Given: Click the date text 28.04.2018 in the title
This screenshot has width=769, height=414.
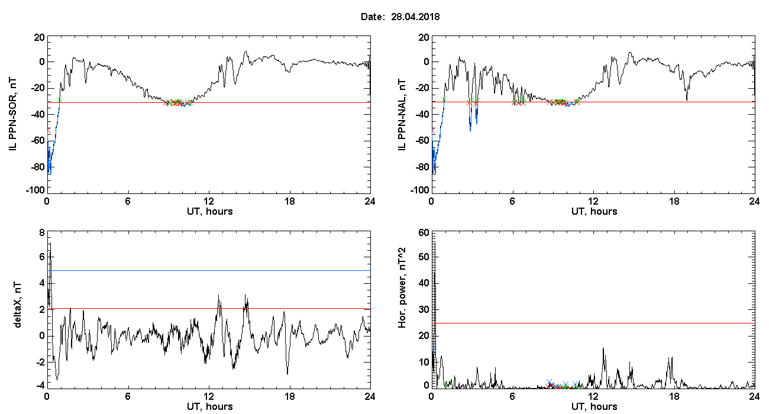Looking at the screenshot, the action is pyautogui.click(x=415, y=17).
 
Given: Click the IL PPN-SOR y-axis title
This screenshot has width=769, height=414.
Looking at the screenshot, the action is pyautogui.click(x=12, y=115).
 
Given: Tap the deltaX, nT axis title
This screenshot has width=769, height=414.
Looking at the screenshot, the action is pyautogui.click(x=17, y=305).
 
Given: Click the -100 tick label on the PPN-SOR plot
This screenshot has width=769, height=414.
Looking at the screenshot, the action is pyautogui.click(x=35, y=190).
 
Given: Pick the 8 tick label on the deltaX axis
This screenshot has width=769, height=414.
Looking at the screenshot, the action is pyautogui.click(x=42, y=233).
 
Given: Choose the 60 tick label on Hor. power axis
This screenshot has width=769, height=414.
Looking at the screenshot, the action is pyautogui.click(x=424, y=233).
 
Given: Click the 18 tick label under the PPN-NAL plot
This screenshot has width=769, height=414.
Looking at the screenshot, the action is pyautogui.click(x=674, y=202).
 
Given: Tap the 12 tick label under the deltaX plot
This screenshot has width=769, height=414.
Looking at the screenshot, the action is pyautogui.click(x=209, y=397).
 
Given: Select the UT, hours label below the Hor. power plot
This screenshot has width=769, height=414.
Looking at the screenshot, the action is pyautogui.click(x=594, y=407).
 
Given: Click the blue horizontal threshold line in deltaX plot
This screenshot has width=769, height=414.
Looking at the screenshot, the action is pyautogui.click(x=209, y=270).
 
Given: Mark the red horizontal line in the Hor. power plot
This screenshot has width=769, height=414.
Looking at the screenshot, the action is pyautogui.click(x=593, y=323).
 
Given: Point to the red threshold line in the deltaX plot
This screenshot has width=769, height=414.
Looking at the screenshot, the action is pyautogui.click(x=209, y=308).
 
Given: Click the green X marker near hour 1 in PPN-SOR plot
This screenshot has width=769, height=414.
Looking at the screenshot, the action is pyautogui.click(x=59, y=99).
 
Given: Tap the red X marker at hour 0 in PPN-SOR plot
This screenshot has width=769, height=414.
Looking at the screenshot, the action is pyautogui.click(x=49, y=131).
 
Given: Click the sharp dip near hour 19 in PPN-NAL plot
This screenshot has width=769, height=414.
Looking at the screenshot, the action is pyautogui.click(x=687, y=99).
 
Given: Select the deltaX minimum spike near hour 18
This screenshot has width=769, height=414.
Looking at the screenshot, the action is pyautogui.click(x=287, y=374).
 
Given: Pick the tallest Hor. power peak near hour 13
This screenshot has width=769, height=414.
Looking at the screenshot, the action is pyautogui.click(x=603, y=348).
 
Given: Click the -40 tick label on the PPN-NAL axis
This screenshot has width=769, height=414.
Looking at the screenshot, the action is pyautogui.click(x=422, y=114).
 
